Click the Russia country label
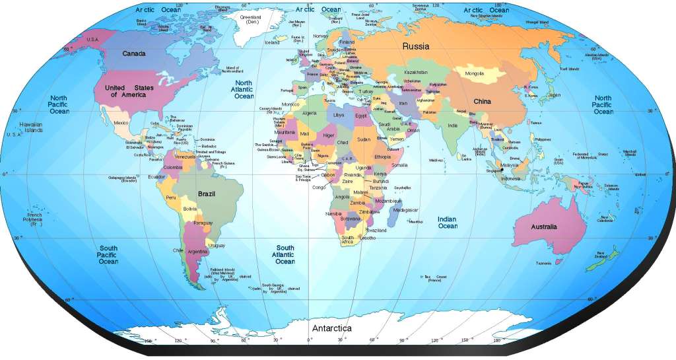416,46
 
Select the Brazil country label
207,194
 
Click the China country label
483,102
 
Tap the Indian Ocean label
448,223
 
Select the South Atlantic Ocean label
285,254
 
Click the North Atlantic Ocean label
244,89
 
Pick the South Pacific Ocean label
108,255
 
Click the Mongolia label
475,73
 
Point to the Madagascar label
405,210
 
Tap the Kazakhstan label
416,72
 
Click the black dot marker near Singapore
502,170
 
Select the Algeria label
310,114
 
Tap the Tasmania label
543,263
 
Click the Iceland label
272,43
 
